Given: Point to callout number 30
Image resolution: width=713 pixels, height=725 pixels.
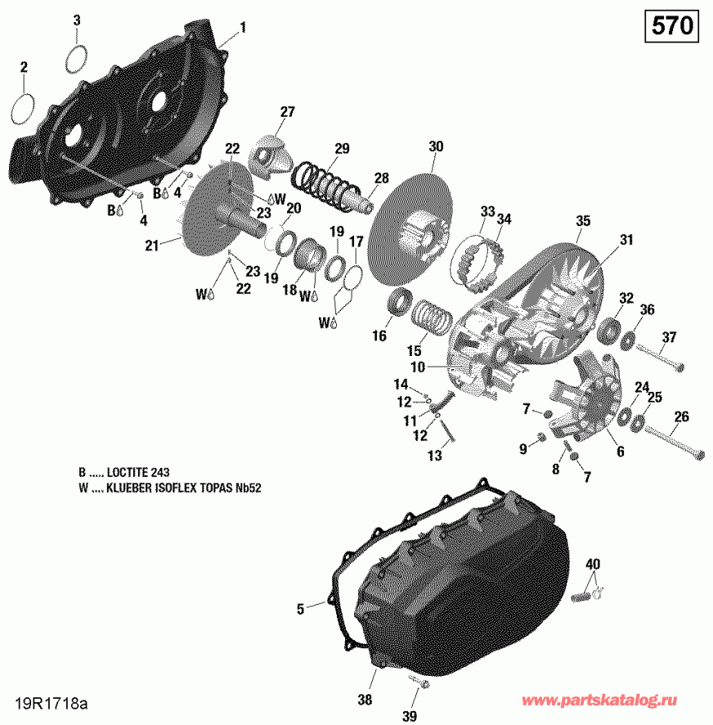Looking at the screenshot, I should (x=436, y=146).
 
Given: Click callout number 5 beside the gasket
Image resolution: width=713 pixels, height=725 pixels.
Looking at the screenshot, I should (x=300, y=608).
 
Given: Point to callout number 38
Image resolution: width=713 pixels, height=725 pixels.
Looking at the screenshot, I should (x=365, y=700).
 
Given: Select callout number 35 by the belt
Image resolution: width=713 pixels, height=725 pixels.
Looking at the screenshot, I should (x=582, y=221).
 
